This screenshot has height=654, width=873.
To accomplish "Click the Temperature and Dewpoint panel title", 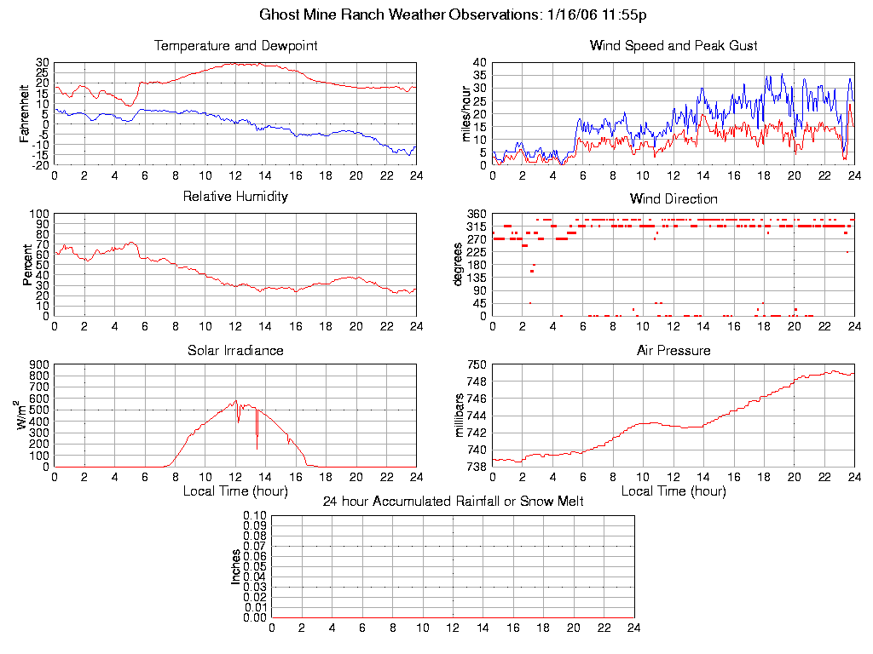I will click(235, 45).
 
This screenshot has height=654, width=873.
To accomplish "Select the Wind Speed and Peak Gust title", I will click(674, 45).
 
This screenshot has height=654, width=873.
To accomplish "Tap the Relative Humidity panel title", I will click(235, 197).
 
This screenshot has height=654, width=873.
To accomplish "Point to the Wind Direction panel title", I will click(674, 198).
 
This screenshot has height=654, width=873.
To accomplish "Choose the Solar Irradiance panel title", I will click(235, 350).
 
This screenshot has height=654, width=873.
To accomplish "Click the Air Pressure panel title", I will click(674, 350).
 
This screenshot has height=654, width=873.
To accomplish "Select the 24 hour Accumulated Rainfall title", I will click(453, 501).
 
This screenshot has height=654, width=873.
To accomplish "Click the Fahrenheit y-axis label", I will click(25, 113).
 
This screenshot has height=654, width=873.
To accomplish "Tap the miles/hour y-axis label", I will click(466, 113).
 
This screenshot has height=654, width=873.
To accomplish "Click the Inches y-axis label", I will click(236, 566).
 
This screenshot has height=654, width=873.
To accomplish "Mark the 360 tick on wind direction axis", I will click(476, 214).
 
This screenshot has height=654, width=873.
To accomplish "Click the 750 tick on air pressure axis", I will click(476, 364).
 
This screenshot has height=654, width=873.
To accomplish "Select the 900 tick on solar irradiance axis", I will click(39, 364).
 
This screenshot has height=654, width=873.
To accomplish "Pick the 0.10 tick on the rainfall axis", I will click(255, 515).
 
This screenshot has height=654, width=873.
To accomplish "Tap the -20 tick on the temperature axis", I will click(39, 165).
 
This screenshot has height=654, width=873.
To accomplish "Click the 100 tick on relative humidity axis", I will click(39, 214).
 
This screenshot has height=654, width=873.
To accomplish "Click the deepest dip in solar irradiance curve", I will click(257, 448).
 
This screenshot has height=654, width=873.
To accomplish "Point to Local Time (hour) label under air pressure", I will click(674, 490).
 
